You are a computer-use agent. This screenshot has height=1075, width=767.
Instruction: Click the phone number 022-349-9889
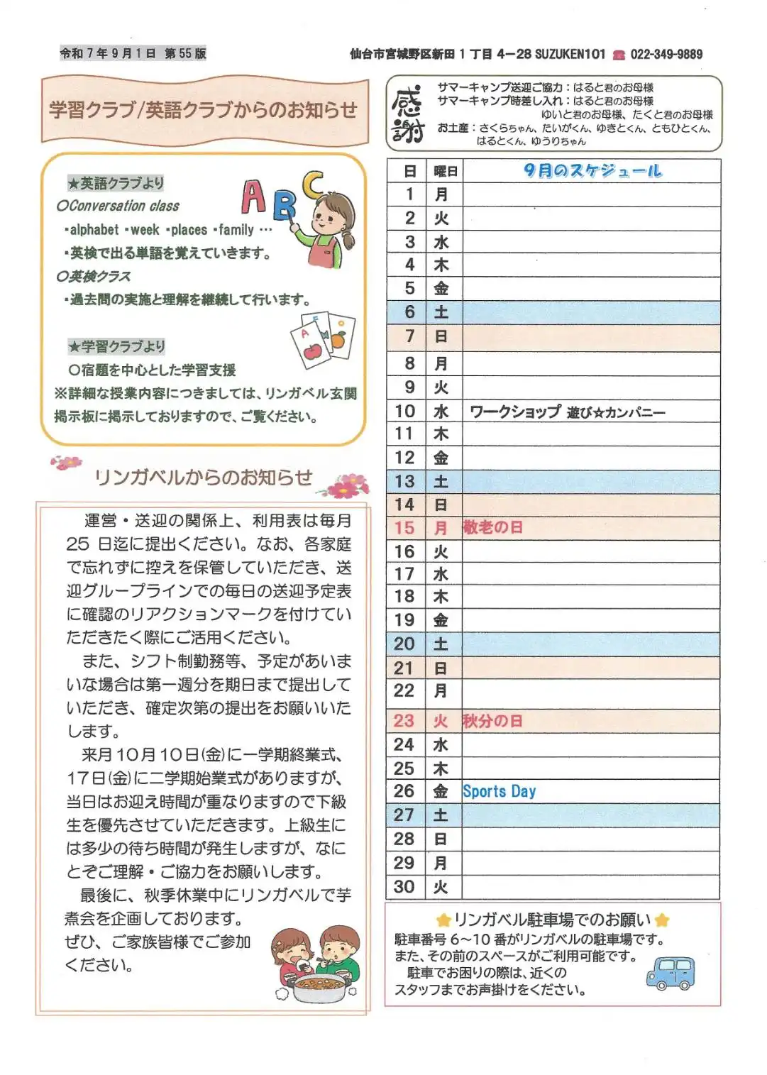tap(666, 54)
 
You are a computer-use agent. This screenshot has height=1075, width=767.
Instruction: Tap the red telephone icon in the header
tap(619, 55)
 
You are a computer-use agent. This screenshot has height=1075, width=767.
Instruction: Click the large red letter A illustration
tap(254, 197)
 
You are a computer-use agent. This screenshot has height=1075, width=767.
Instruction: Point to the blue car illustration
tap(671, 973)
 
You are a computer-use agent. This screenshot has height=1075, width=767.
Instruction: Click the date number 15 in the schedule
tap(404, 528)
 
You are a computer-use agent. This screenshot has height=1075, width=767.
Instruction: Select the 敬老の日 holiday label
tap(493, 527)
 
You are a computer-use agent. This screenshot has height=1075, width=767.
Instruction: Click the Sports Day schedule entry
tap(499, 791)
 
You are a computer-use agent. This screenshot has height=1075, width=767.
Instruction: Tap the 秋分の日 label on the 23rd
tap(493, 721)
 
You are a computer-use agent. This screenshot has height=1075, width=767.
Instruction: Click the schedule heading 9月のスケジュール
tap(592, 170)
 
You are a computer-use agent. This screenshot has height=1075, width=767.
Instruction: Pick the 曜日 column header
tap(445, 171)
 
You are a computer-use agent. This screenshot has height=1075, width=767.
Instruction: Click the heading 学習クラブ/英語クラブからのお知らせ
tap(203, 110)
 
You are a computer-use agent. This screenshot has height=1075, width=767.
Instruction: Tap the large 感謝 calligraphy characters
tap(407, 115)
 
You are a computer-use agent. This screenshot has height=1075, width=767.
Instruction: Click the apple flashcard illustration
tap(311, 343)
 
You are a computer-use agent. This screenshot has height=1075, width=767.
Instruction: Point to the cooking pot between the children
tap(319, 986)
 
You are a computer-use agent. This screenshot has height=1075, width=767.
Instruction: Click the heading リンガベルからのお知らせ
tap(203, 477)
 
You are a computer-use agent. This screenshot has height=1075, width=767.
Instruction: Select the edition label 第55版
tap(185, 53)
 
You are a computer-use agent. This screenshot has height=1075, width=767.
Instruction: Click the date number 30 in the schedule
tap(404, 886)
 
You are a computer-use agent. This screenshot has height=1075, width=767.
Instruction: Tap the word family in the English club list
tap(236, 230)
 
